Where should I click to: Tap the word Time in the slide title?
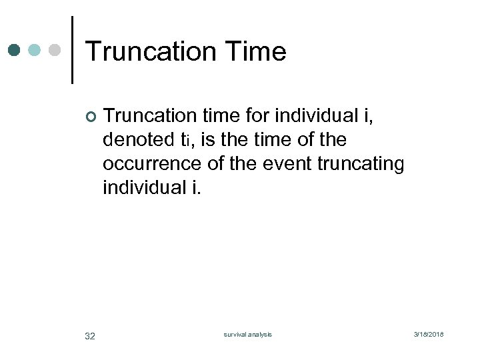click(x=256, y=51)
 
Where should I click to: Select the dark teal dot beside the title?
click(x=15, y=50)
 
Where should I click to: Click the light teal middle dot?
click(x=35, y=50)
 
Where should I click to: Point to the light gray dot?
click(x=55, y=50)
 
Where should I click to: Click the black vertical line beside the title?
click(x=71, y=50)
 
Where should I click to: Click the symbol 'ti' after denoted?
click(x=189, y=141)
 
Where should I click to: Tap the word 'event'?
click(x=280, y=163)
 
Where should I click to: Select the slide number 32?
click(x=90, y=335)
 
